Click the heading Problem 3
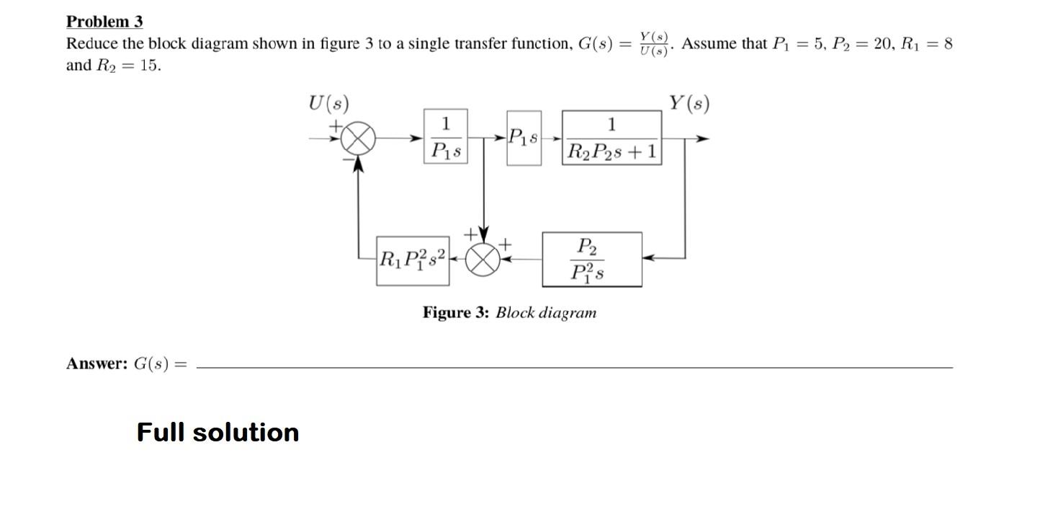tap(104, 22)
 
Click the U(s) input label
tap(328, 104)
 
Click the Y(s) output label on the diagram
tap(689, 103)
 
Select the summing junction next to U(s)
tap(359, 138)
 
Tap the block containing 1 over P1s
tap(446, 136)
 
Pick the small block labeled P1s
tap(524, 138)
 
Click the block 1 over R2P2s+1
tap(612, 138)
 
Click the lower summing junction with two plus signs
tap(483, 260)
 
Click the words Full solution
tap(218, 432)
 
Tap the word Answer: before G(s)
tap(97, 363)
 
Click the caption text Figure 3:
tap(456, 313)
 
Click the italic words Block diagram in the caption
tap(546, 313)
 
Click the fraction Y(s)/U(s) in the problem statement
tap(655, 44)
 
